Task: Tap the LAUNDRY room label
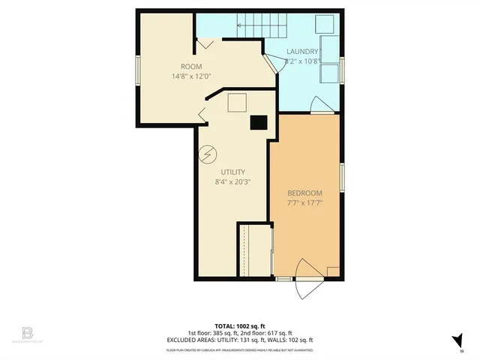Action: pyautogui.click(x=303, y=52)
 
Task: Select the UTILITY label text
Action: pyautogui.click(x=232, y=172)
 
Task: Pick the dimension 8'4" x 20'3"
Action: pyautogui.click(x=232, y=181)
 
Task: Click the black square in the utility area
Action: pyautogui.click(x=258, y=122)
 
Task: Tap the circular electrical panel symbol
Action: pyautogui.click(x=208, y=155)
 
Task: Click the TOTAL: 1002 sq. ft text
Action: pyautogui.click(x=239, y=326)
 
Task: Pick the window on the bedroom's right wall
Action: pyautogui.click(x=342, y=178)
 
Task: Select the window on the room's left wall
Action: pyautogui.click(x=137, y=71)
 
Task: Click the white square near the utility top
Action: pyautogui.click(x=237, y=102)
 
